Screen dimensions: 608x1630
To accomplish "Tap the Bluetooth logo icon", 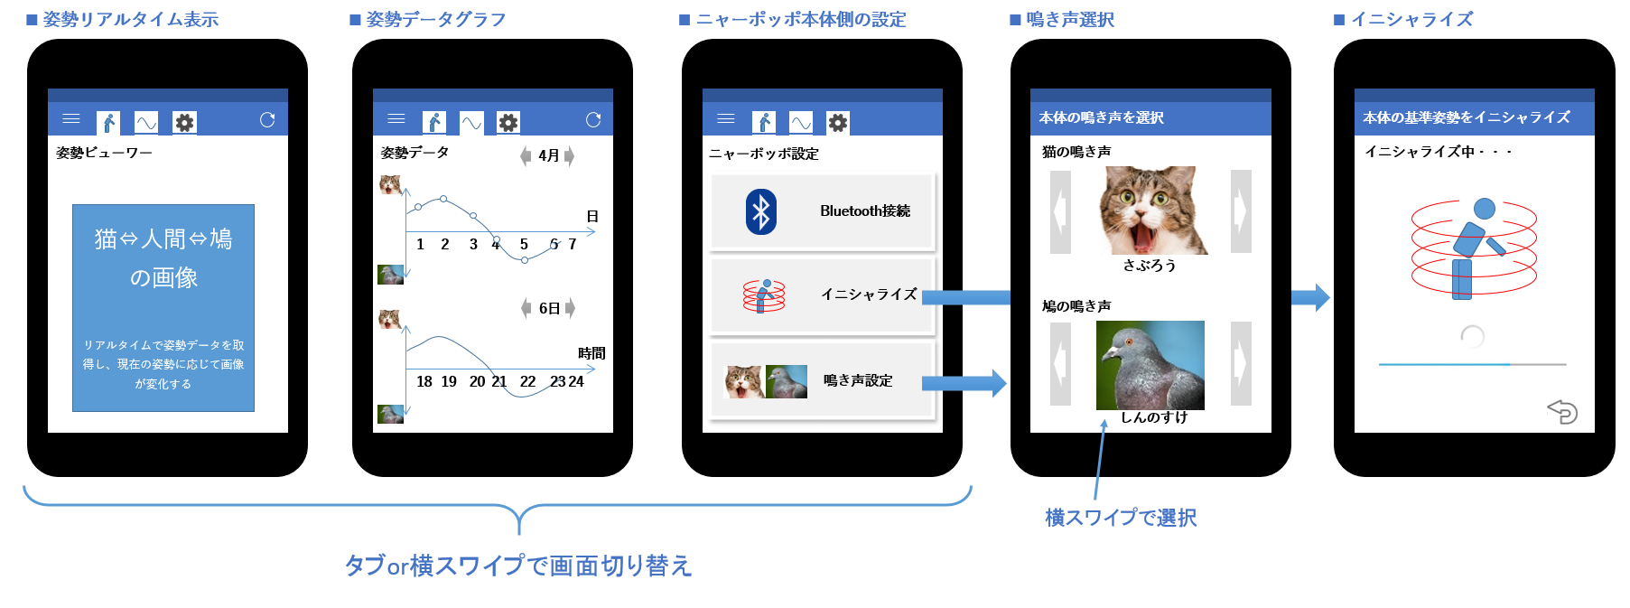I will pos(761,211).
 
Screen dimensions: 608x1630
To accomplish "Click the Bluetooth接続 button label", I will pos(864,211).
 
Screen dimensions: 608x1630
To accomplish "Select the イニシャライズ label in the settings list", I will pos(868,295).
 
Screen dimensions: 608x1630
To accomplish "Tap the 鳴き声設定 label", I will pos(858,381).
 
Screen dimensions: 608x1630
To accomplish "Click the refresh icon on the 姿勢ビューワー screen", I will pos(267,120).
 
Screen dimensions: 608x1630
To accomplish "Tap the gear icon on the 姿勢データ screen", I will pos(508,122).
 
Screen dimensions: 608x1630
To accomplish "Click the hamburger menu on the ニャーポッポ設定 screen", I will pos(726,118).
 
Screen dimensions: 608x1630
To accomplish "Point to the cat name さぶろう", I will pos(1150,266).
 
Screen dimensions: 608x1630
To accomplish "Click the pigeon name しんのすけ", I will pos(1153,417).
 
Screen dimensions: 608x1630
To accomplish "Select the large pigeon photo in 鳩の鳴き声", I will pos(1150,365).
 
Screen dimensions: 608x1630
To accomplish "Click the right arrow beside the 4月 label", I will pos(570,156).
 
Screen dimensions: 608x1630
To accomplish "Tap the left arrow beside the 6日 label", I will pos(526,308).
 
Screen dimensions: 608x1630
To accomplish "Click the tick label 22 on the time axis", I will pos(527,382).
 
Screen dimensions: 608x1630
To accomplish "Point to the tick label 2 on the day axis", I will pos(444,245).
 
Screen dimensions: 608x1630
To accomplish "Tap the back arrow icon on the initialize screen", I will pos(1562,412).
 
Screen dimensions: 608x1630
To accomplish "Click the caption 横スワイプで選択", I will pos(1121,518).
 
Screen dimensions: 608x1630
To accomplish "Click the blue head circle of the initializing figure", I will pos(1484,210).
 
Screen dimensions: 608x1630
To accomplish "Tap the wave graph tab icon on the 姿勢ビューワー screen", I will pos(146,122).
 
